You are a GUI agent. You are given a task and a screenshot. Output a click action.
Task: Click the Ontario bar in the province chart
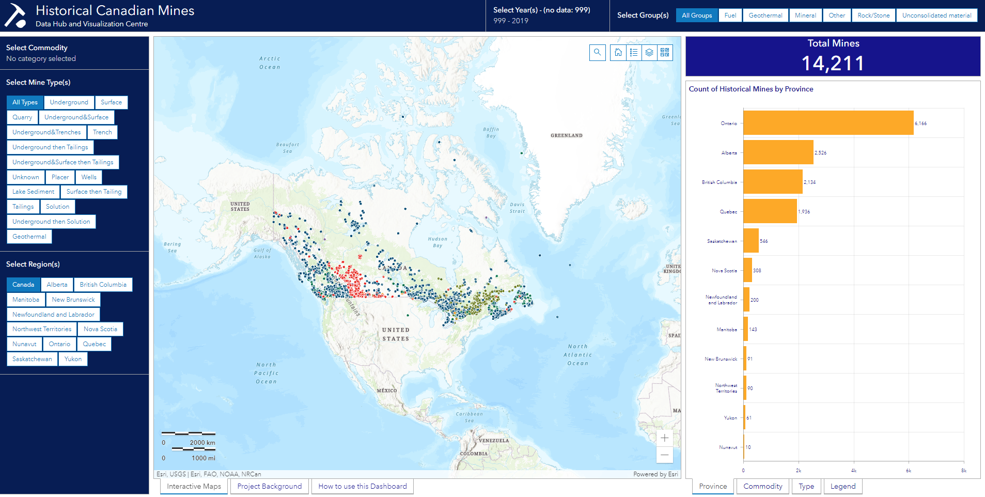click(x=828, y=123)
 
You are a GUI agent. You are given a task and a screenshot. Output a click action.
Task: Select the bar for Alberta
click(x=778, y=152)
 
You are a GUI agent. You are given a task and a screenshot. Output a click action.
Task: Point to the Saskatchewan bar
click(x=751, y=241)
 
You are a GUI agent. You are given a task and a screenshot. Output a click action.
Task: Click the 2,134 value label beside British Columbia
click(x=809, y=182)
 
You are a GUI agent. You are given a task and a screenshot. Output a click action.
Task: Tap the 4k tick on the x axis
click(x=854, y=471)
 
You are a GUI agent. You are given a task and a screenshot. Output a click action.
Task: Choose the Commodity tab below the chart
click(x=762, y=486)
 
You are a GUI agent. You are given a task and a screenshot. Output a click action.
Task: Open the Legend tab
click(x=842, y=486)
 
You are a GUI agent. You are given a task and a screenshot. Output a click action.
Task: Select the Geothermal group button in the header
click(x=765, y=15)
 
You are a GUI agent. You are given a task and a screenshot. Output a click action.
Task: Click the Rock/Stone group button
click(x=873, y=15)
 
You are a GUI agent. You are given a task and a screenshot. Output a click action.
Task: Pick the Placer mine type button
click(x=60, y=177)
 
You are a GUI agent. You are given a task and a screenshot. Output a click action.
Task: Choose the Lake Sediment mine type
click(x=33, y=192)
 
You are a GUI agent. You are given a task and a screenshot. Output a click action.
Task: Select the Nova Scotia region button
click(x=100, y=329)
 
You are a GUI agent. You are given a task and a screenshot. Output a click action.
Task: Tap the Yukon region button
click(x=73, y=359)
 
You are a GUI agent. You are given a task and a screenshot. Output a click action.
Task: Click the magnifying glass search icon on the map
click(x=597, y=52)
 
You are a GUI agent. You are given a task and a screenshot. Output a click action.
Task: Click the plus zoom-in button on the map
click(x=664, y=438)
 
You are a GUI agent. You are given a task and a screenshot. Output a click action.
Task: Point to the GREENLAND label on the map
click(x=566, y=135)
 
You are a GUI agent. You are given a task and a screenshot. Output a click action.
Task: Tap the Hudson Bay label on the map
click(x=437, y=242)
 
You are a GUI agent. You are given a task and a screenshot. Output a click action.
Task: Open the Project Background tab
click(x=269, y=486)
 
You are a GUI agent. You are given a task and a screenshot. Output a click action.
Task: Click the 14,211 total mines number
click(x=833, y=64)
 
